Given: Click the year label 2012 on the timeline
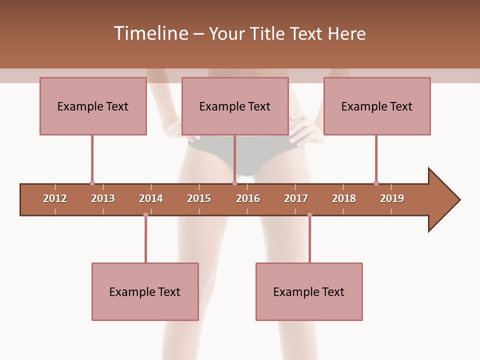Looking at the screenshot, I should [x=55, y=198].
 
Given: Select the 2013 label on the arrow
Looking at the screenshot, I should [x=103, y=198].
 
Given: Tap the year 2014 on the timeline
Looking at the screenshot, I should [x=151, y=198].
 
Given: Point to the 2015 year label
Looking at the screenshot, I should [x=199, y=198].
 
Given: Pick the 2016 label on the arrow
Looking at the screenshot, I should [x=248, y=198].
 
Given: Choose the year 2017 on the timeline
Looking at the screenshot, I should [x=296, y=198].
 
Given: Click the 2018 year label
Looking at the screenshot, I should [x=344, y=198].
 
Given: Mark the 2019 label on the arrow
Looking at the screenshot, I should [x=392, y=198].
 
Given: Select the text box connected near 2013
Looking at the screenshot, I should [x=93, y=106].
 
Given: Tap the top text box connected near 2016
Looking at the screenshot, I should [x=235, y=106].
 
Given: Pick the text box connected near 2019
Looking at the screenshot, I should [x=377, y=106].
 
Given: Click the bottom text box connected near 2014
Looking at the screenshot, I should [x=145, y=291].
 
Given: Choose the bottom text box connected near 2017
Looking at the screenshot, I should [x=309, y=291].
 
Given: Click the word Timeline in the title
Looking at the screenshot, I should [x=150, y=33].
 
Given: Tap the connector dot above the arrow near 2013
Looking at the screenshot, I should [x=92, y=183].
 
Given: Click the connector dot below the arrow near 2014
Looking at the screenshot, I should [x=145, y=215].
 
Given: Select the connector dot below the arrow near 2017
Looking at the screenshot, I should [x=309, y=215].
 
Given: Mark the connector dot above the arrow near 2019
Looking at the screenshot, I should [x=376, y=183].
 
